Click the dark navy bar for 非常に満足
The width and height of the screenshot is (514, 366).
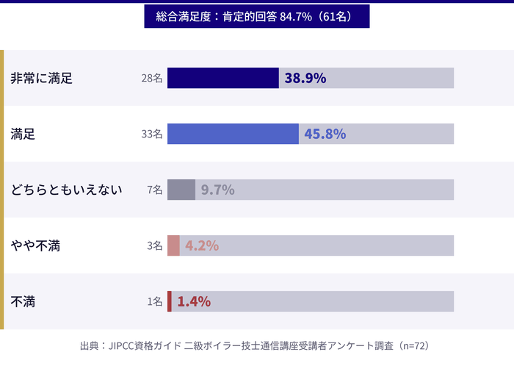(x=222, y=78)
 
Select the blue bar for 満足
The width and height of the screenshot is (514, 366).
(x=233, y=134)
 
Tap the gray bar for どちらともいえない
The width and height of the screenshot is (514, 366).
(x=181, y=190)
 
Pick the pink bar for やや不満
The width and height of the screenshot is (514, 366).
(x=173, y=245)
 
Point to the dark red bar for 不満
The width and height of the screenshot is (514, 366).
(x=170, y=301)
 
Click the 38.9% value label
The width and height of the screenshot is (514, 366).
(x=305, y=78)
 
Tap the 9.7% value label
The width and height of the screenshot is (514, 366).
(x=217, y=190)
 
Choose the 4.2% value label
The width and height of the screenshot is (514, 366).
(x=202, y=245)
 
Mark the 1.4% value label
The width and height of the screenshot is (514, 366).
(x=194, y=301)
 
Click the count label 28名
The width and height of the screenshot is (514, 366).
(x=152, y=78)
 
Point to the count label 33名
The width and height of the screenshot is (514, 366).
(x=152, y=134)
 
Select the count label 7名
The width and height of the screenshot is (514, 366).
(x=154, y=190)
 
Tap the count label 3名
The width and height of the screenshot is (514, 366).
(x=154, y=245)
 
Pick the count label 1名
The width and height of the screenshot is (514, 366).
(x=154, y=301)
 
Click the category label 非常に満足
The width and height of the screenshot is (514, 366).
(x=42, y=78)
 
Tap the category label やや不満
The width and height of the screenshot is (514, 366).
(x=35, y=245)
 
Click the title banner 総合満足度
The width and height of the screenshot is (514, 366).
(x=256, y=16)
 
